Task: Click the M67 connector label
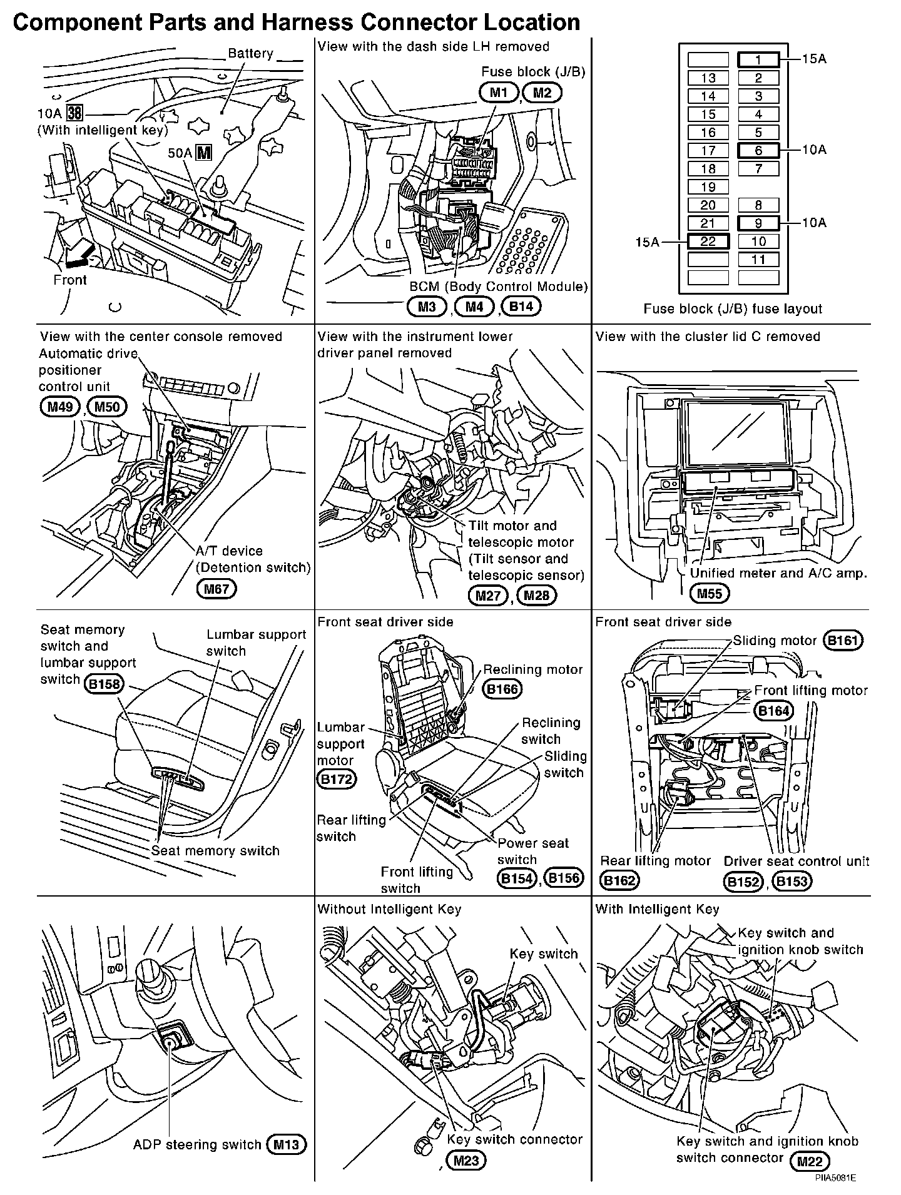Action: pyautogui.click(x=216, y=589)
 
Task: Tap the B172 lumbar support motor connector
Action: pyautogui.click(x=337, y=779)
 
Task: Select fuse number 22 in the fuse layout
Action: pyautogui.click(x=708, y=242)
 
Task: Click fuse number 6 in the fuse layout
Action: pyautogui.click(x=758, y=150)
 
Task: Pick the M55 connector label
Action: pyautogui.click(x=710, y=593)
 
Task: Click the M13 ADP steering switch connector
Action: pyautogui.click(x=287, y=1145)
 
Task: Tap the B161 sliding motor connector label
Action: pyautogui.click(x=843, y=641)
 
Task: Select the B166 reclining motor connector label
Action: pyautogui.click(x=503, y=689)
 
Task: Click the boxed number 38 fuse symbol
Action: pyautogui.click(x=75, y=113)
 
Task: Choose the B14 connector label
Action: pyautogui.click(x=522, y=307)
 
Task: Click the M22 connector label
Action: pyautogui.click(x=810, y=1162)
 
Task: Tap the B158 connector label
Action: pyautogui.click(x=104, y=684)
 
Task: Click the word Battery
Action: pyautogui.click(x=250, y=54)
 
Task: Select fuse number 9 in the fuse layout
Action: pyautogui.click(x=758, y=223)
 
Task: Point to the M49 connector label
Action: pyautogui.click(x=58, y=407)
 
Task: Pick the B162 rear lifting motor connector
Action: pyautogui.click(x=618, y=881)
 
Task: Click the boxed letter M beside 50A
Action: pyautogui.click(x=203, y=152)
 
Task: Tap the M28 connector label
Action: pyautogui.click(x=537, y=595)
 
